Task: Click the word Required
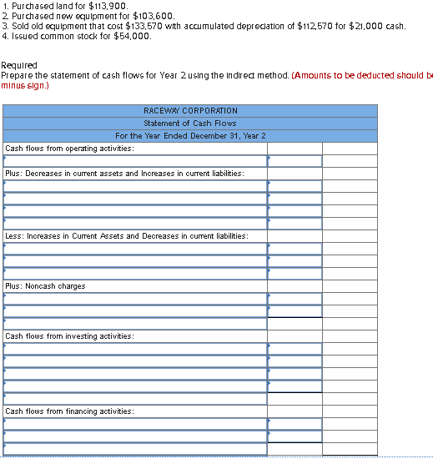19,65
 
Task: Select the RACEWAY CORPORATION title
191,110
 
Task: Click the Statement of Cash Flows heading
191,123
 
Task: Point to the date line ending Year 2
191,135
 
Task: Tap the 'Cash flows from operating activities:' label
69,148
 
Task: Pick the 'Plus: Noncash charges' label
45,286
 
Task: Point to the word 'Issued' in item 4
22,36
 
